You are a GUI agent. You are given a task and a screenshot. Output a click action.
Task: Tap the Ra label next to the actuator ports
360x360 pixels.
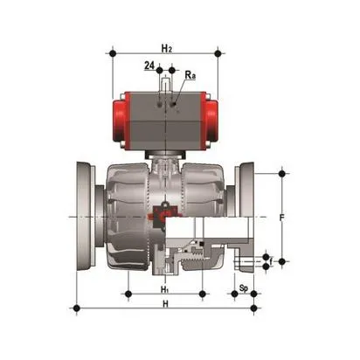190,77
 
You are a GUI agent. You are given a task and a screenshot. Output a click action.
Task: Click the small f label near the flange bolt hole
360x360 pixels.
271,260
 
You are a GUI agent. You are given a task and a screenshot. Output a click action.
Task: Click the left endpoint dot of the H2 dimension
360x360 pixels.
112,53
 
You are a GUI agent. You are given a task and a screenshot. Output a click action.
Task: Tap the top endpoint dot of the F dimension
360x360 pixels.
281,173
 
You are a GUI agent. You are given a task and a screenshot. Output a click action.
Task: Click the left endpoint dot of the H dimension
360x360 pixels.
78,308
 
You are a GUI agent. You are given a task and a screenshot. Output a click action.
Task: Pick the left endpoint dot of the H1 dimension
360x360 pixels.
128,293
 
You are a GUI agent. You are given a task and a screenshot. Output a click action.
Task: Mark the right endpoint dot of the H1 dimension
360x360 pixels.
202,293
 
